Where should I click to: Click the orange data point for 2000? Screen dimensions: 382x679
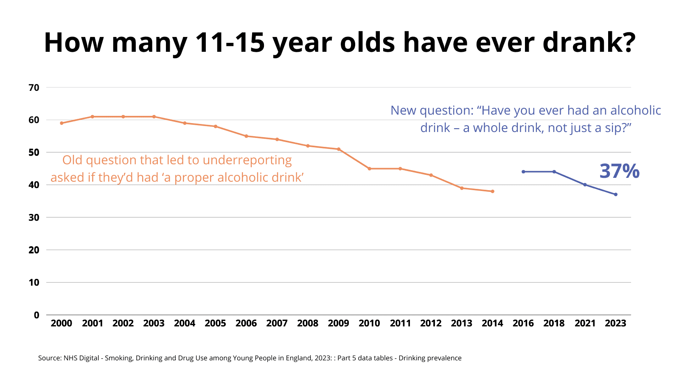pos(62,123)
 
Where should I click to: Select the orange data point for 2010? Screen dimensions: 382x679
pos(369,169)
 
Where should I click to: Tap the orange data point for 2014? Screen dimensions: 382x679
pos(492,191)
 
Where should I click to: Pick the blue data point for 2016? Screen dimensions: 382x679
pos(523,171)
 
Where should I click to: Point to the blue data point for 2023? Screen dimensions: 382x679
pos(615,194)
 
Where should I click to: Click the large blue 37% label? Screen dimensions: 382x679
pos(619,171)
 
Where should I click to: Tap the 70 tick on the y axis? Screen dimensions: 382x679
pos(34,88)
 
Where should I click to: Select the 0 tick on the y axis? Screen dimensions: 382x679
pos(36,315)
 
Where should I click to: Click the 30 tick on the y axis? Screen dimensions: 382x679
pos(34,218)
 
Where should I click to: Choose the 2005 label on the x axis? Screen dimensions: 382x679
pos(215,323)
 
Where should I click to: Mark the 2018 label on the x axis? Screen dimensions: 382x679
pos(554,323)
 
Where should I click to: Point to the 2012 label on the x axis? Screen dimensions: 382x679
pos(431,323)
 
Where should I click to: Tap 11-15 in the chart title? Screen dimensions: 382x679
pos(230,42)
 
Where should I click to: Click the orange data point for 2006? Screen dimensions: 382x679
pos(246,136)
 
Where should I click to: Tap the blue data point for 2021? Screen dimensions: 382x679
pos(585,185)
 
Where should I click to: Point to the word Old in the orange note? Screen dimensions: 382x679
pos(72,160)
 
